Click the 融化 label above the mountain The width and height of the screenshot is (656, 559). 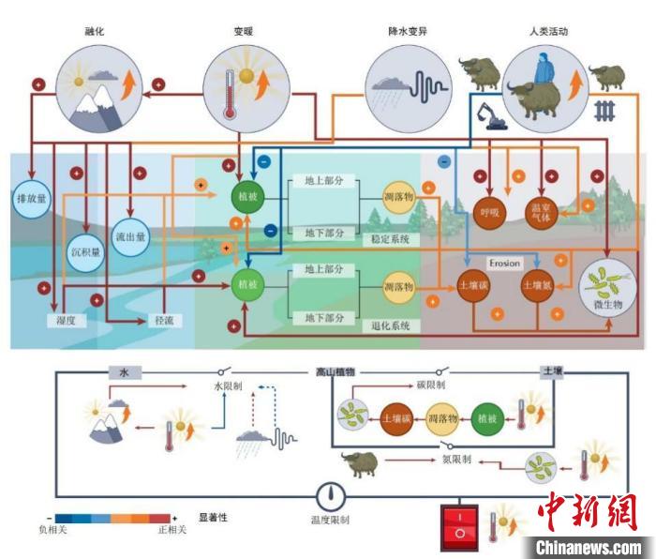tap(93, 32)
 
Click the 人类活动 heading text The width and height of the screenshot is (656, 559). tap(548, 32)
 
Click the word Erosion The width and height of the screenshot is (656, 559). tap(503, 263)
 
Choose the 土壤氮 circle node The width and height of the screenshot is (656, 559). tap(539, 285)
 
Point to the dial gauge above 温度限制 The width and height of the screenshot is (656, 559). tap(334, 495)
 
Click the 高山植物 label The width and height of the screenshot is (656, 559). tap(333, 372)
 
